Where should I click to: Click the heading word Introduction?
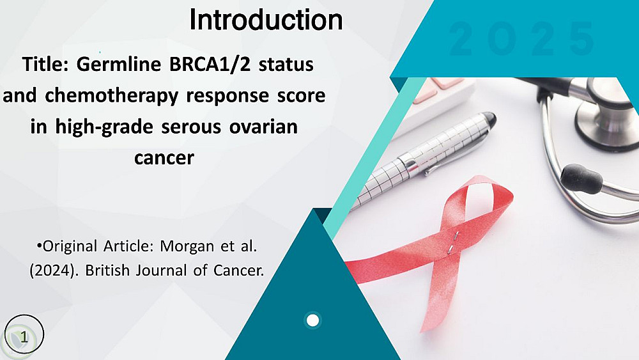[266, 20]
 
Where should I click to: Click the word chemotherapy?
[112, 95]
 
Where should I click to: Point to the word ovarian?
[263, 127]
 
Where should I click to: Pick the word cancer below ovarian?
[164, 158]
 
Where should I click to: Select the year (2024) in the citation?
[54, 270]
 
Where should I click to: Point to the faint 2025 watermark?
[522, 39]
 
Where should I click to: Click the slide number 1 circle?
[24, 334]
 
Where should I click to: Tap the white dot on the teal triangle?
[312, 320]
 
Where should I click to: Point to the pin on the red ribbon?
[453, 242]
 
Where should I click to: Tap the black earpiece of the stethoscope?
[581, 179]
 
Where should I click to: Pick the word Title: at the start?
[45, 64]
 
